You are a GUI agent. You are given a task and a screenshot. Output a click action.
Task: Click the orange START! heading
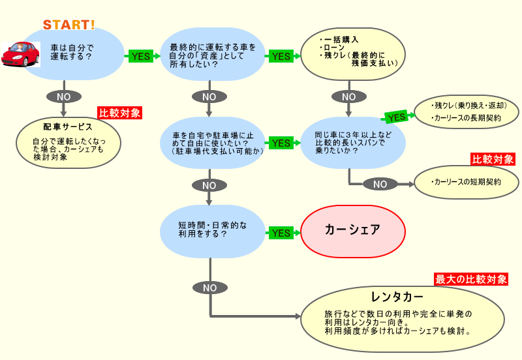(69, 25)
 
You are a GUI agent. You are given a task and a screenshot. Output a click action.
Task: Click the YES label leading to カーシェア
(281, 233)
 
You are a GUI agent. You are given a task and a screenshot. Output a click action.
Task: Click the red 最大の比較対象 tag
(471, 279)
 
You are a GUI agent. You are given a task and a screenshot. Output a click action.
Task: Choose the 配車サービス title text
(68, 127)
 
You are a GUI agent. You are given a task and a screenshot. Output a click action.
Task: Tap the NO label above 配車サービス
(64, 96)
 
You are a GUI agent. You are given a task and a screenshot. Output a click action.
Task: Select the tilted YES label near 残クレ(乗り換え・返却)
(396, 117)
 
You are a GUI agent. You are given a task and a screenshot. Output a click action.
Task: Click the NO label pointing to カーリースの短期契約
(380, 184)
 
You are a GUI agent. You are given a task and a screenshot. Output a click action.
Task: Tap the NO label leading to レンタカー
(209, 287)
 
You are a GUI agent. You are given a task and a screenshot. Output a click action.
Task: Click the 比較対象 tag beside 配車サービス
(119, 113)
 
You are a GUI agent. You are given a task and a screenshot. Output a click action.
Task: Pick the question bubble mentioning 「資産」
(213, 56)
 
